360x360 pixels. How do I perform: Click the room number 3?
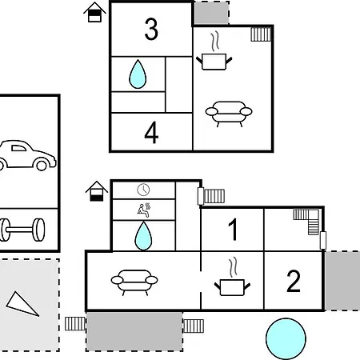click(x=151, y=29)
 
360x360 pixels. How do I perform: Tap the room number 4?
click(x=151, y=133)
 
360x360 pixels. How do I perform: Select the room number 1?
click(x=234, y=230)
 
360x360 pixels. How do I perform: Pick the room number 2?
click(x=294, y=281)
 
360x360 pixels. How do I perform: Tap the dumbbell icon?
click(x=22, y=230)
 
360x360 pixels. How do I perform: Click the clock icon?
click(x=143, y=190)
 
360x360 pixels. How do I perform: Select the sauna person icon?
click(x=144, y=210)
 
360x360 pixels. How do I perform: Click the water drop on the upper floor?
click(x=138, y=74)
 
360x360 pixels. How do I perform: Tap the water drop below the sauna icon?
click(x=143, y=236)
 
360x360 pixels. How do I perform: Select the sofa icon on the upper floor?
click(x=229, y=114)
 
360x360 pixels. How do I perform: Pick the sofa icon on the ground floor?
click(x=134, y=282)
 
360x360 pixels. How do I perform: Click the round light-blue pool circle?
click(x=286, y=338)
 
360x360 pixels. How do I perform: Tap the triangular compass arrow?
click(x=22, y=304)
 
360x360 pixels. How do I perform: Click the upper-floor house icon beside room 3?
click(x=94, y=12)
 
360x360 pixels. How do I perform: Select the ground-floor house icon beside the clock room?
click(x=97, y=191)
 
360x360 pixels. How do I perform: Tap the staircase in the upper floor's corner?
click(x=261, y=34)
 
